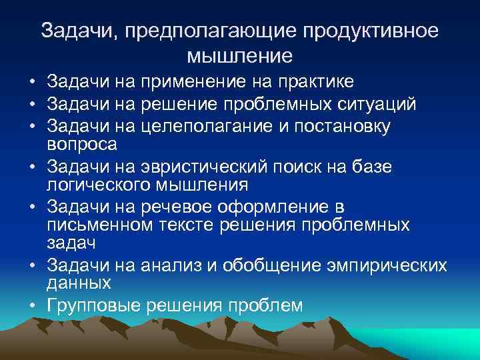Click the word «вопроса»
point(82,143)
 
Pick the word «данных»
point(79,283)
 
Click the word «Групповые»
point(96,305)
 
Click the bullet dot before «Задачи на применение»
point(33,83)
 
